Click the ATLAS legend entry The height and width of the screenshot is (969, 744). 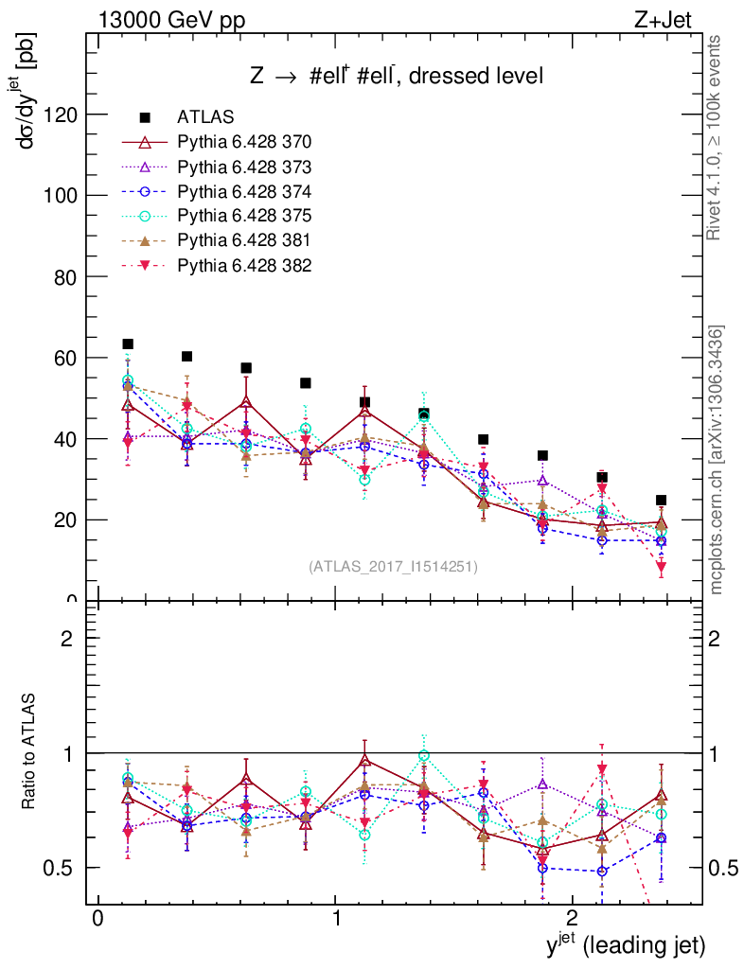pos(204,117)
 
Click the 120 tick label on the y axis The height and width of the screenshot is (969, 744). pos(59,115)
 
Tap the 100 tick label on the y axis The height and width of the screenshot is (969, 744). pos(59,196)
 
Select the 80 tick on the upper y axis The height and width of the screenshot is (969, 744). pos(64,277)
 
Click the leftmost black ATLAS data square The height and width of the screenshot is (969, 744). pos(128,344)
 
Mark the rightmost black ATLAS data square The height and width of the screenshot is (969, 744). pos(661,500)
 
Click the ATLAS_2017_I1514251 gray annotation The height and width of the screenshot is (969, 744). pos(393,567)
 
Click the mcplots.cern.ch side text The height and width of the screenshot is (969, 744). pos(717,460)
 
